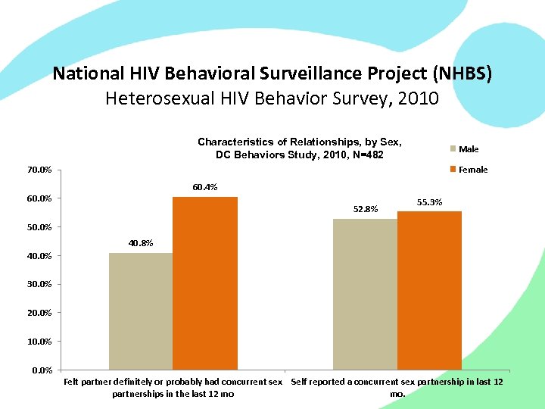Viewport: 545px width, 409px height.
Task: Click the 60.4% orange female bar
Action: click(205, 283)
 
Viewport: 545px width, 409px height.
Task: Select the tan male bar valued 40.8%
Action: click(141, 311)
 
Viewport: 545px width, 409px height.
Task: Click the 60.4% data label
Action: click(204, 187)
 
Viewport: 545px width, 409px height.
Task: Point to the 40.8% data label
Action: click(140, 243)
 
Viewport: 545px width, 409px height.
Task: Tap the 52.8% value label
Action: click(366, 209)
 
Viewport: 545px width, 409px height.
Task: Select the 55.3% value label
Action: click(430, 201)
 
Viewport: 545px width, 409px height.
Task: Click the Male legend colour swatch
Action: click(453, 149)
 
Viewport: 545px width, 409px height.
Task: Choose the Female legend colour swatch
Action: click(453, 170)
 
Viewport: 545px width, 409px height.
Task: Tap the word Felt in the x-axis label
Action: click(73, 382)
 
